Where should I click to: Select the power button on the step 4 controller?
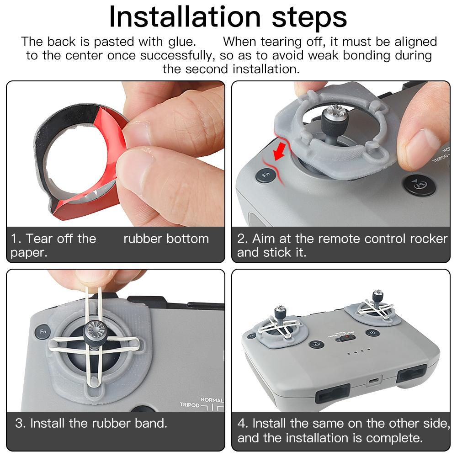(372, 334)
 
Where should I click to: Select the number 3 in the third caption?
(19, 423)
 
